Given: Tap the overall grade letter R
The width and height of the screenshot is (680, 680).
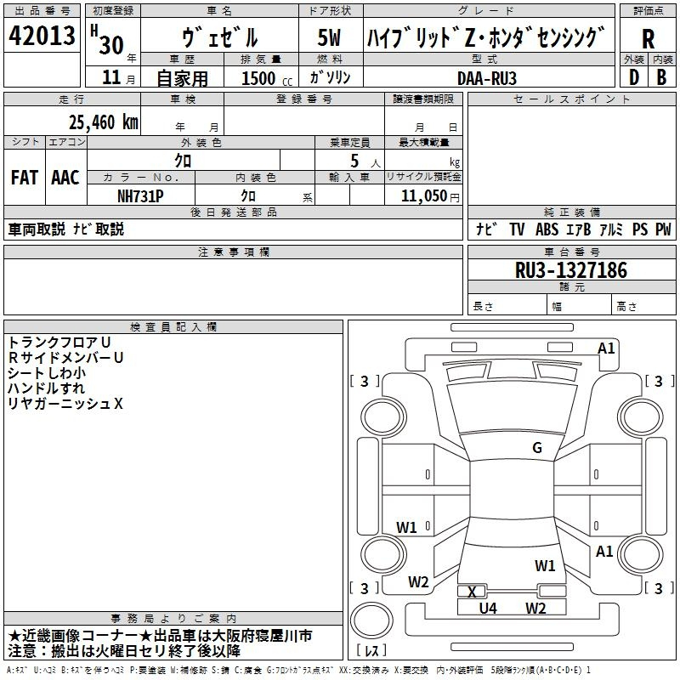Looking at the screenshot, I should (648, 38).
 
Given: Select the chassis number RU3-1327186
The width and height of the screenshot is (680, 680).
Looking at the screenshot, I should (571, 271).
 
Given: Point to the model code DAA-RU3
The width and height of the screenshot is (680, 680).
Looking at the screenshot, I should (486, 77).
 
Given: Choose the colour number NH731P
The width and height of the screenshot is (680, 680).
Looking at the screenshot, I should (141, 195).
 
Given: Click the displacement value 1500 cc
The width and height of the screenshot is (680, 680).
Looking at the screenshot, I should (263, 78).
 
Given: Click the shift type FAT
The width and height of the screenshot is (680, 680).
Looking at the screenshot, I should (25, 178).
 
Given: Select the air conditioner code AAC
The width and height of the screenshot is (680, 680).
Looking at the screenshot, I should (65, 178).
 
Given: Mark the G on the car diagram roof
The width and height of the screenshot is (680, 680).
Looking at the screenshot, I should (536, 448).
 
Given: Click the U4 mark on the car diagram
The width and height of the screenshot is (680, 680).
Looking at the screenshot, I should (487, 608).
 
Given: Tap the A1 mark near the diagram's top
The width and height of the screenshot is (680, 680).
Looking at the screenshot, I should (606, 348).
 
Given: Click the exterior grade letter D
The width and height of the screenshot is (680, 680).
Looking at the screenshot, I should (633, 77).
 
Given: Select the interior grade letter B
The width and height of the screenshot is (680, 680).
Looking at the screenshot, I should (662, 77).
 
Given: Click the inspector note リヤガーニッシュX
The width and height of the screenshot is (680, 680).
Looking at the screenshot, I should (65, 404).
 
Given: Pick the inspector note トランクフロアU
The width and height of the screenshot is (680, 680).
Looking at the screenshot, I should (58, 343).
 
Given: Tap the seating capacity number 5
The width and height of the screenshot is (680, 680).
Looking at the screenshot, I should (353, 160).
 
